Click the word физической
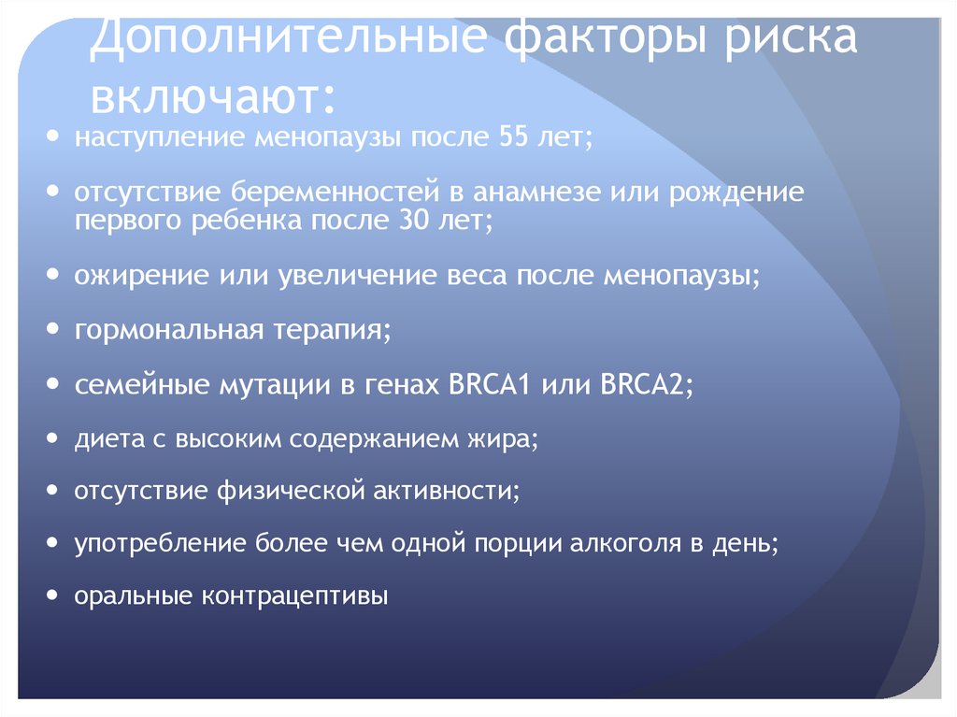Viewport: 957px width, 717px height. click(x=285, y=490)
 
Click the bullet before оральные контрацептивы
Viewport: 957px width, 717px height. click(x=55, y=595)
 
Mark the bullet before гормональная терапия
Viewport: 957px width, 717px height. click(x=55, y=328)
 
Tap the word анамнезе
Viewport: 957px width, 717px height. click(x=533, y=193)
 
